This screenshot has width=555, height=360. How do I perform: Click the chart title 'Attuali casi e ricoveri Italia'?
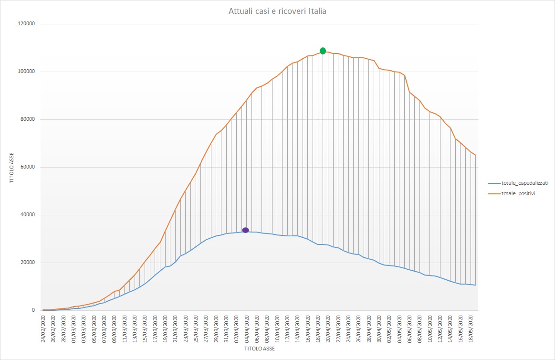(277, 11)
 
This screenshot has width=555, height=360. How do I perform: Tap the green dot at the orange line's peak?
(323, 51)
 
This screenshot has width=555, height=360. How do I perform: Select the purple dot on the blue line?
(245, 230)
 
